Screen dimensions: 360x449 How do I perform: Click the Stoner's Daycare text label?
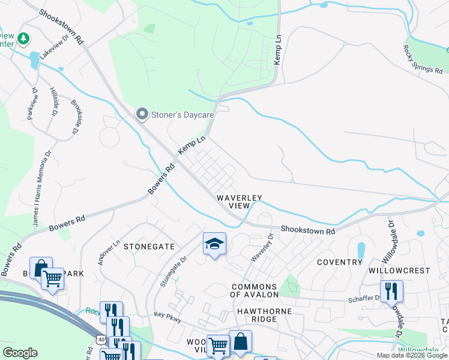click(x=175, y=113)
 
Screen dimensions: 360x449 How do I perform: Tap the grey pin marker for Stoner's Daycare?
click(x=142, y=113)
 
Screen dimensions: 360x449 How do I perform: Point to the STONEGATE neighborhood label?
click(x=149, y=246)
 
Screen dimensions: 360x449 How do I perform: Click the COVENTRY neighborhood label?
click(x=340, y=262)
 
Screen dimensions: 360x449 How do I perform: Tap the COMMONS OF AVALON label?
click(x=255, y=290)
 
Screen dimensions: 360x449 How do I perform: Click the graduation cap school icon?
click(x=214, y=244)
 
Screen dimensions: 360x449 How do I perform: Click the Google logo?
click(x=20, y=353)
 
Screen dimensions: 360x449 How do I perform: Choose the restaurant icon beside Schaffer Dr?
click(x=391, y=291)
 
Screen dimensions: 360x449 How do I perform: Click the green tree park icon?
click(x=23, y=39)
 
